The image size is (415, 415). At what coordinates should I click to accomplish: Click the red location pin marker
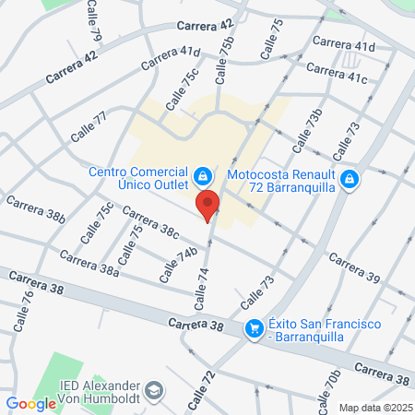click(x=208, y=206)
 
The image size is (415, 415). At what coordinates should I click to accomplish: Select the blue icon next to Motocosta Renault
click(x=349, y=179)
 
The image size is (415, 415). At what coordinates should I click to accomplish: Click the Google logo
click(x=31, y=403)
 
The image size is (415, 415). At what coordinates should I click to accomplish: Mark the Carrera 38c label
click(x=149, y=225)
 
